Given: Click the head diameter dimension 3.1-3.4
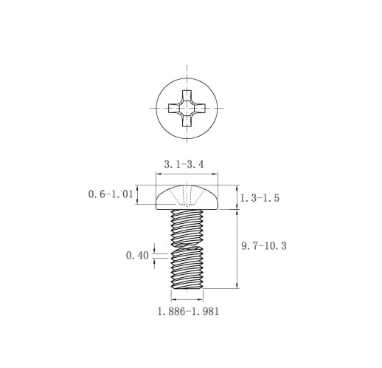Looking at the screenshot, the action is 184,164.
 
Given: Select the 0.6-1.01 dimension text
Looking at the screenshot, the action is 111,194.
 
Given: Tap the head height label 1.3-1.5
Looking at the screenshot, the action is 260,198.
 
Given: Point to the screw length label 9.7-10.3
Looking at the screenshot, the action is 264,246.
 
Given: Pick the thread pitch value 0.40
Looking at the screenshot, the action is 137,256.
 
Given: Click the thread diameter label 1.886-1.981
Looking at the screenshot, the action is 188,311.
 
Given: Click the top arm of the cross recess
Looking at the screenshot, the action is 187,95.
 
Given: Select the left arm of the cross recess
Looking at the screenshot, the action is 174,108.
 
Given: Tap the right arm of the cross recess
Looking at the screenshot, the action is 200,108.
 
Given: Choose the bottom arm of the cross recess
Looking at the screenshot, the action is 187,121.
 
